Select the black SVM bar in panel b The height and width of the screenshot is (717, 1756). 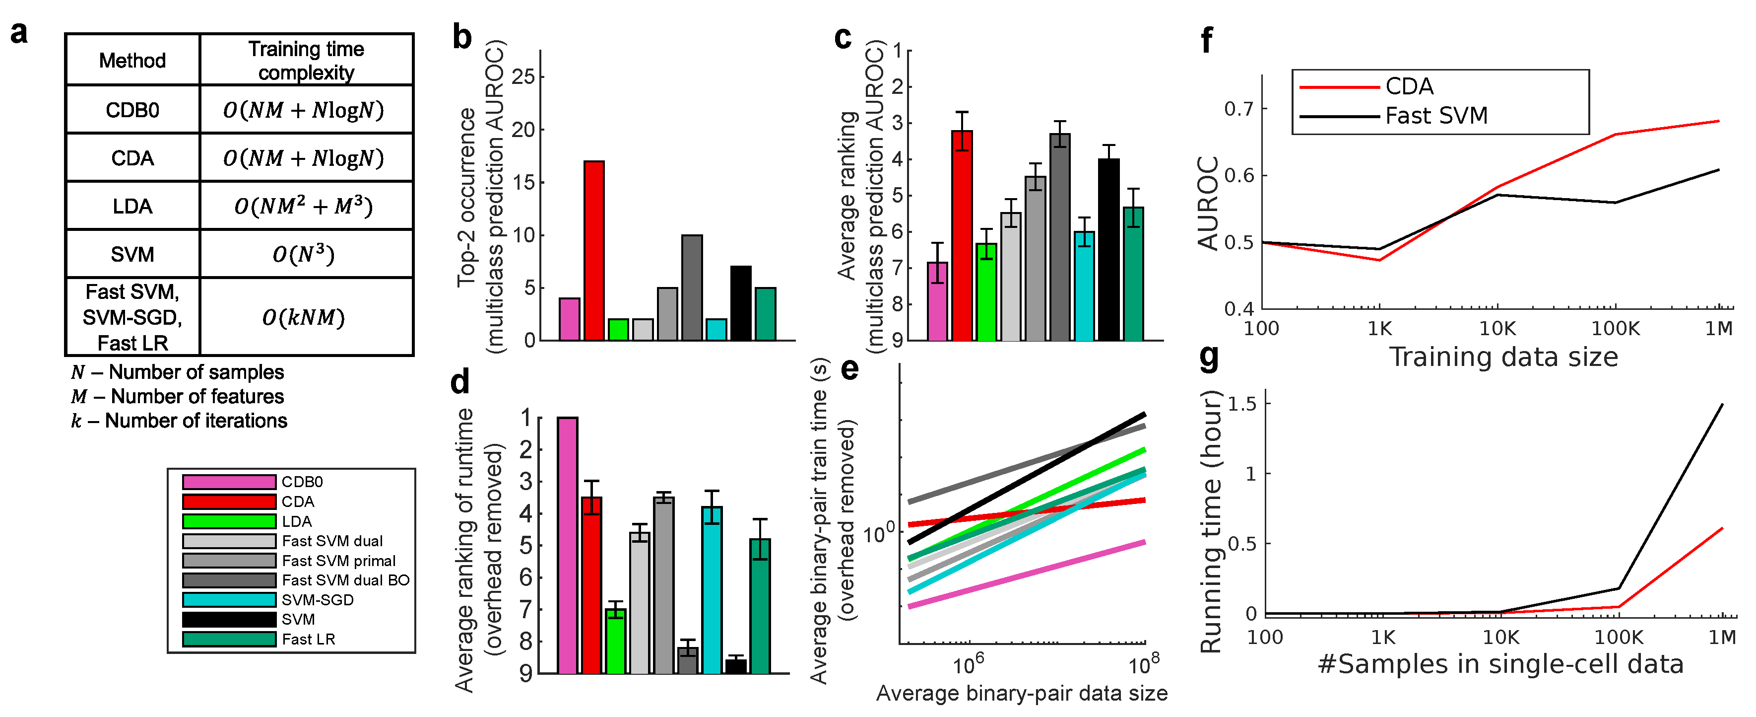pyautogui.click(x=740, y=303)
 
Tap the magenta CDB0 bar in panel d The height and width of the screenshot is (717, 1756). pyautogui.click(x=567, y=545)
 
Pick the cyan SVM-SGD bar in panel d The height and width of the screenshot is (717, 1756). pyautogui.click(x=712, y=589)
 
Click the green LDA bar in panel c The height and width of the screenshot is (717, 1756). pyautogui.click(x=986, y=291)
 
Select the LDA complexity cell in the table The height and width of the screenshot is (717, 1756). pyautogui.click(x=304, y=206)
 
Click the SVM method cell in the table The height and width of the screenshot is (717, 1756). pyautogui.click(x=132, y=254)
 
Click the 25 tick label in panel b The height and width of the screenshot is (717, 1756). pyautogui.click(x=523, y=77)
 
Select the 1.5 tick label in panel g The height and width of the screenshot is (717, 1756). pyautogui.click(x=1241, y=404)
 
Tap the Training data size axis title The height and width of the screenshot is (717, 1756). pyautogui.click(x=1503, y=357)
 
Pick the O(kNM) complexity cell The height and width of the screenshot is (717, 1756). pyautogui.click(x=304, y=317)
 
